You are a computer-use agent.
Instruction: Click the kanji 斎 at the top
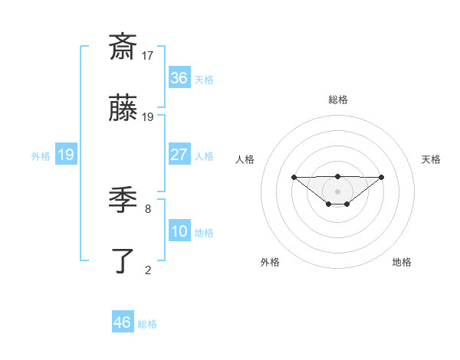click(123, 47)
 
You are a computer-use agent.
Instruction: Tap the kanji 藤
click(123, 110)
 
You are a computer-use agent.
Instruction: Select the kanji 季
click(123, 200)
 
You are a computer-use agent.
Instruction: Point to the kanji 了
click(123, 261)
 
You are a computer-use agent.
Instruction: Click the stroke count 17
click(148, 55)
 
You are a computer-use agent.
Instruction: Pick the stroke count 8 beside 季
click(148, 208)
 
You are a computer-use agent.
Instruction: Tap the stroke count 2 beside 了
click(148, 269)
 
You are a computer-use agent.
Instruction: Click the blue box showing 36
click(179, 78)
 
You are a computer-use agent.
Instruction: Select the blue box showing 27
click(179, 155)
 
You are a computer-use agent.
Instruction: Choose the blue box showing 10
click(179, 231)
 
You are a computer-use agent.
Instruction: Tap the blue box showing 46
click(123, 322)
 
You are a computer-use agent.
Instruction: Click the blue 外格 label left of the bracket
click(41, 155)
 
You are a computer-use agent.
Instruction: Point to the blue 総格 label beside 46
click(147, 324)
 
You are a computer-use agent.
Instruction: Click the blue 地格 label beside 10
click(204, 232)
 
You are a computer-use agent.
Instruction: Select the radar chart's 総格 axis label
click(338, 100)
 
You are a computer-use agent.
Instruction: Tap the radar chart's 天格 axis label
click(431, 159)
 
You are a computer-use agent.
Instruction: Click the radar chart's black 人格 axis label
click(245, 159)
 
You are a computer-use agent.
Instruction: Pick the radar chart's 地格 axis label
click(402, 262)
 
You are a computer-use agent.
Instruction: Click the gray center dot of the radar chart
click(338, 191)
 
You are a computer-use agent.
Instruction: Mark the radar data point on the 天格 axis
click(382, 177)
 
